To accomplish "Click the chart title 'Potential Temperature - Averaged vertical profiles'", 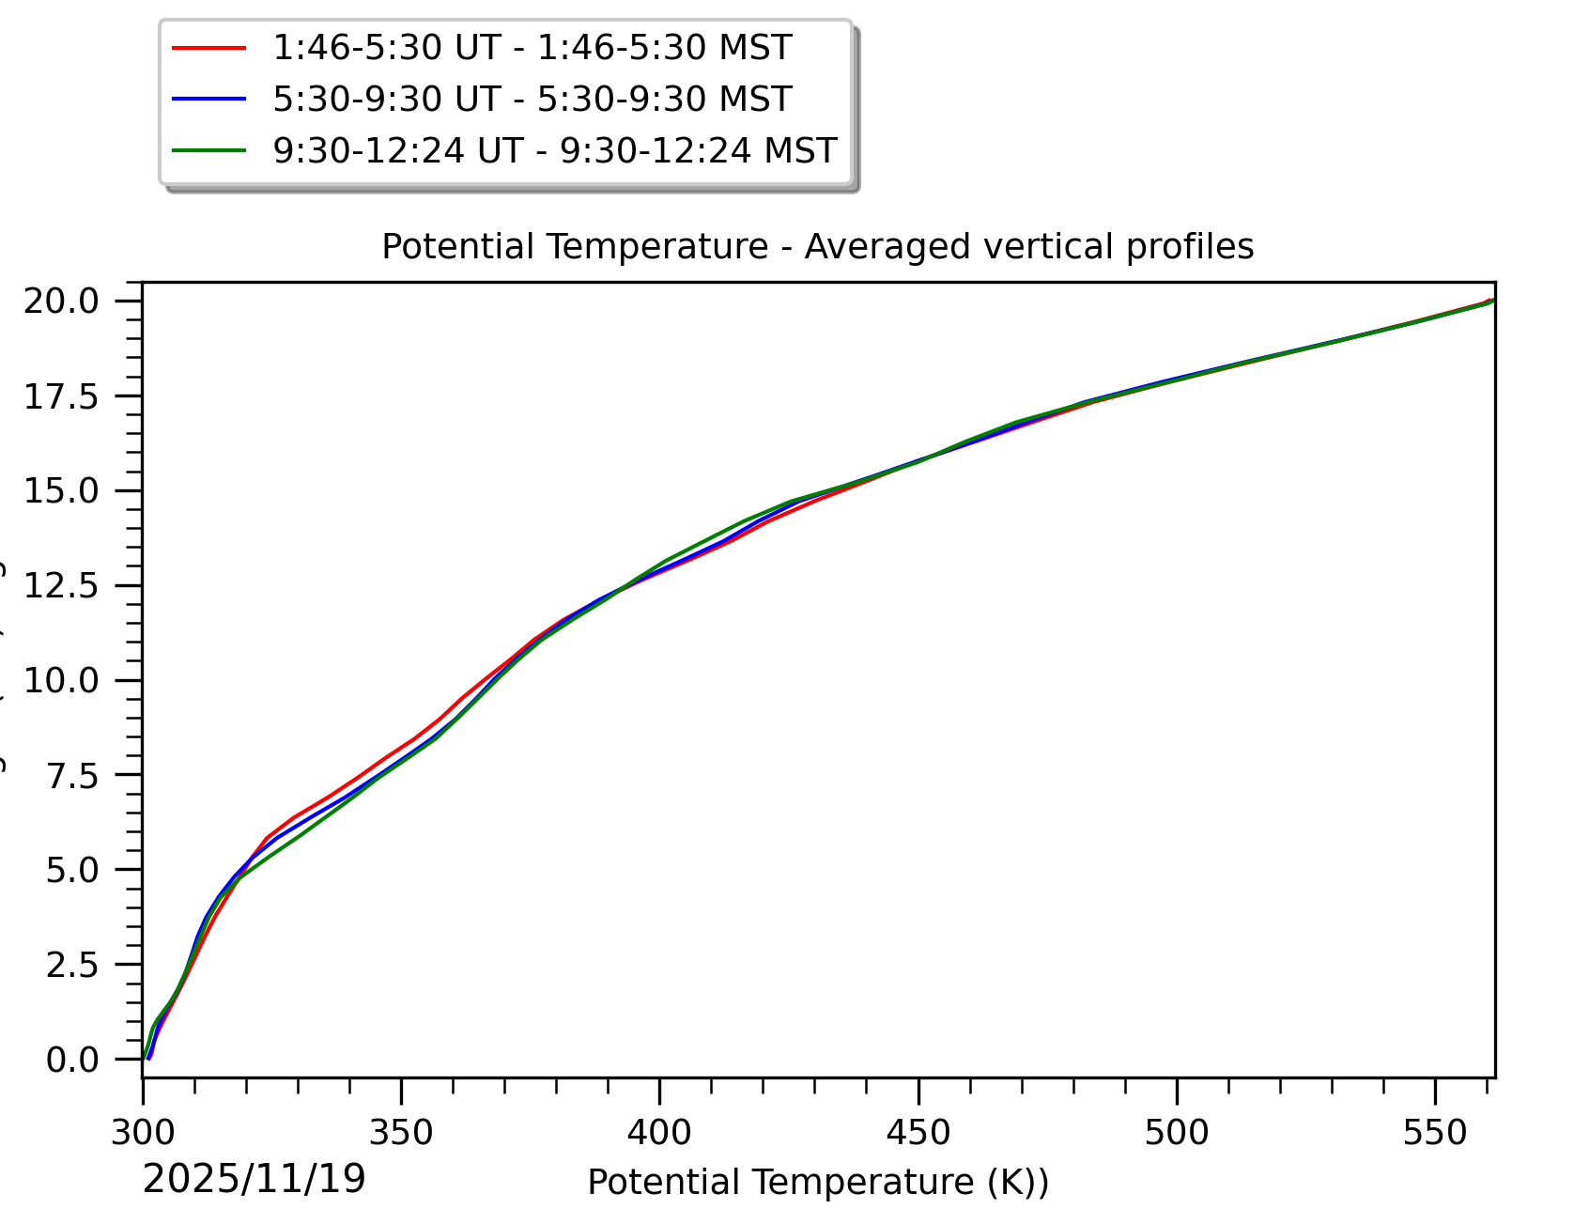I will (817, 247).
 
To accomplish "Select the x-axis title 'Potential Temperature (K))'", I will (817, 1182).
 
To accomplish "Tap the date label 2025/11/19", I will (254, 1179).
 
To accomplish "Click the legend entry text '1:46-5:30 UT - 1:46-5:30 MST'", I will (532, 48).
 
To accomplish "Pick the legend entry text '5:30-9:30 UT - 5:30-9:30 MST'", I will (532, 99).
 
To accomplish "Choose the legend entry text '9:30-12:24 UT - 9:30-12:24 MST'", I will (554, 150).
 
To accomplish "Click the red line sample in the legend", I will (209, 48).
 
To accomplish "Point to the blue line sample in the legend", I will (209, 99).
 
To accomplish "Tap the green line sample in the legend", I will (209, 150).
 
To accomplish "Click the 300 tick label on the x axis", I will (143, 1133).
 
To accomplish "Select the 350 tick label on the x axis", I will (401, 1133).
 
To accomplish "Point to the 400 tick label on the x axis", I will (659, 1133).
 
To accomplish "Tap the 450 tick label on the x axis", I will (918, 1133).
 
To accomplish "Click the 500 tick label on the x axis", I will (1176, 1133).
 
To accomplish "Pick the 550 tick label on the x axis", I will (1434, 1133).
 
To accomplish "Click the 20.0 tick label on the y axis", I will (61, 302).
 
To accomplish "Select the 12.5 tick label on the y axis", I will (61, 586).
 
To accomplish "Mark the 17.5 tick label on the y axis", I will (61, 396).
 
